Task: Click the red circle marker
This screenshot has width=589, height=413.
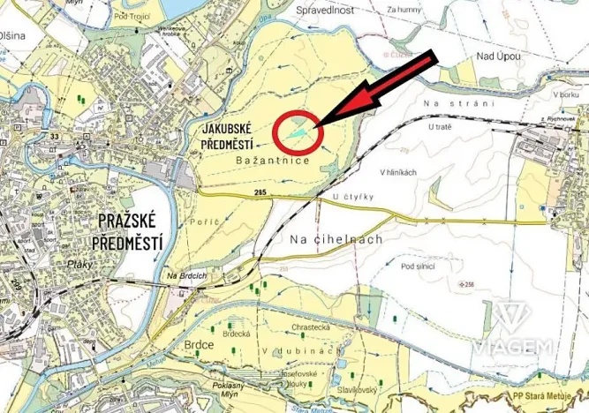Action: point(298,133)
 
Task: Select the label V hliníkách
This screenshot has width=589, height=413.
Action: point(397,171)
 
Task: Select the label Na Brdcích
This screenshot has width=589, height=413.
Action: point(184,280)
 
